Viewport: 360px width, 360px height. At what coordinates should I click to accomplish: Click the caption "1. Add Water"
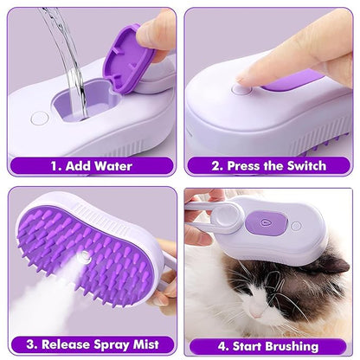[x=91, y=164]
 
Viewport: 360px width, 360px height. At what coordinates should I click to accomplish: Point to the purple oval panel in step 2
[x=294, y=81]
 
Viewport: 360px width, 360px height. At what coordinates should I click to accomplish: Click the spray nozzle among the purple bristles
[x=85, y=260]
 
